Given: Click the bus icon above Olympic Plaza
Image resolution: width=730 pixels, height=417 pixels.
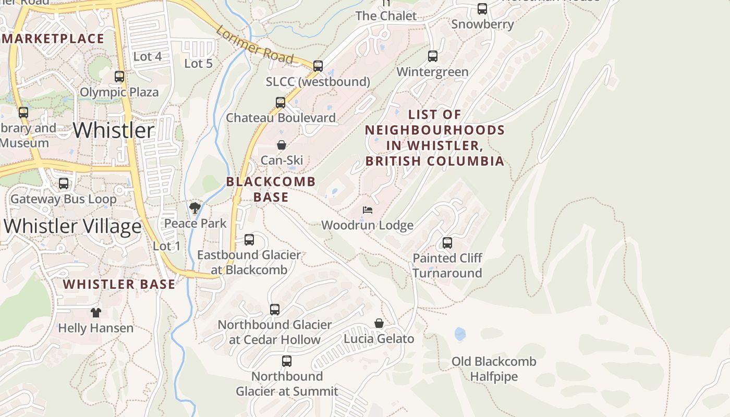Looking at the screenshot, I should pyautogui.click(x=119, y=77).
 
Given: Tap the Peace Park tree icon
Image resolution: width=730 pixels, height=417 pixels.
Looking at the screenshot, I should pyautogui.click(x=195, y=208).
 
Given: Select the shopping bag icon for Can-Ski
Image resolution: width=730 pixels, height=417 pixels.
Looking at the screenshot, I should pyautogui.click(x=282, y=145).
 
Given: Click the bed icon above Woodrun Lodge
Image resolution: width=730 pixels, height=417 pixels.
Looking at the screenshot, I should pyautogui.click(x=368, y=210).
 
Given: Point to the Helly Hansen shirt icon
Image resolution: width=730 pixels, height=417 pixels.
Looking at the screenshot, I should pyautogui.click(x=95, y=313).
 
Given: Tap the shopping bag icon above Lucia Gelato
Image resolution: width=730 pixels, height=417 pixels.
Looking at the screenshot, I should pyautogui.click(x=379, y=324).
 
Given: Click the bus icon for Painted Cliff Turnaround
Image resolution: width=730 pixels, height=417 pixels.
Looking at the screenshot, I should pyautogui.click(x=447, y=243).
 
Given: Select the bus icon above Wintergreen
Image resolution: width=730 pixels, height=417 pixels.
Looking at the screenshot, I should pyautogui.click(x=433, y=56).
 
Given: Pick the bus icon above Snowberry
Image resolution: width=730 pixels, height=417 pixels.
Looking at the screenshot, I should pyautogui.click(x=482, y=9).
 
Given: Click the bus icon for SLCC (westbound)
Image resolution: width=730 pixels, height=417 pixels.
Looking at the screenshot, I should pyautogui.click(x=318, y=66).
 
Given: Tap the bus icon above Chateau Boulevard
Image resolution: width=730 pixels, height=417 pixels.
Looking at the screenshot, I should pyautogui.click(x=281, y=103).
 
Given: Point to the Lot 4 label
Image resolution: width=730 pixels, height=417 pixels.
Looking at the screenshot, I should pyautogui.click(x=148, y=56).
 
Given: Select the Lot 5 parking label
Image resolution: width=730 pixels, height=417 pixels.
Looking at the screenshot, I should pyautogui.click(x=199, y=64).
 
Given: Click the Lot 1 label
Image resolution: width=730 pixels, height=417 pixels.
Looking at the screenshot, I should pyautogui.click(x=167, y=246).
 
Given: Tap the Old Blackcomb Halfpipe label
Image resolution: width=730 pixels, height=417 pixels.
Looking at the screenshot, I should pyautogui.click(x=493, y=369).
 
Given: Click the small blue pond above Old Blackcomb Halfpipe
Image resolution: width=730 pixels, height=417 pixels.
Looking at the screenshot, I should pyautogui.click(x=460, y=334).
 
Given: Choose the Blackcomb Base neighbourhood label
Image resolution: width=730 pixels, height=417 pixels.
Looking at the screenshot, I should pyautogui.click(x=271, y=189).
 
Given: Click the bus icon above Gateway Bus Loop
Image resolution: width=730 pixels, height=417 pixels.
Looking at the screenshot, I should pyautogui.click(x=64, y=183).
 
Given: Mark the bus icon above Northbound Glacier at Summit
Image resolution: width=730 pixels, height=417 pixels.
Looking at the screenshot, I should pyautogui.click(x=286, y=361).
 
